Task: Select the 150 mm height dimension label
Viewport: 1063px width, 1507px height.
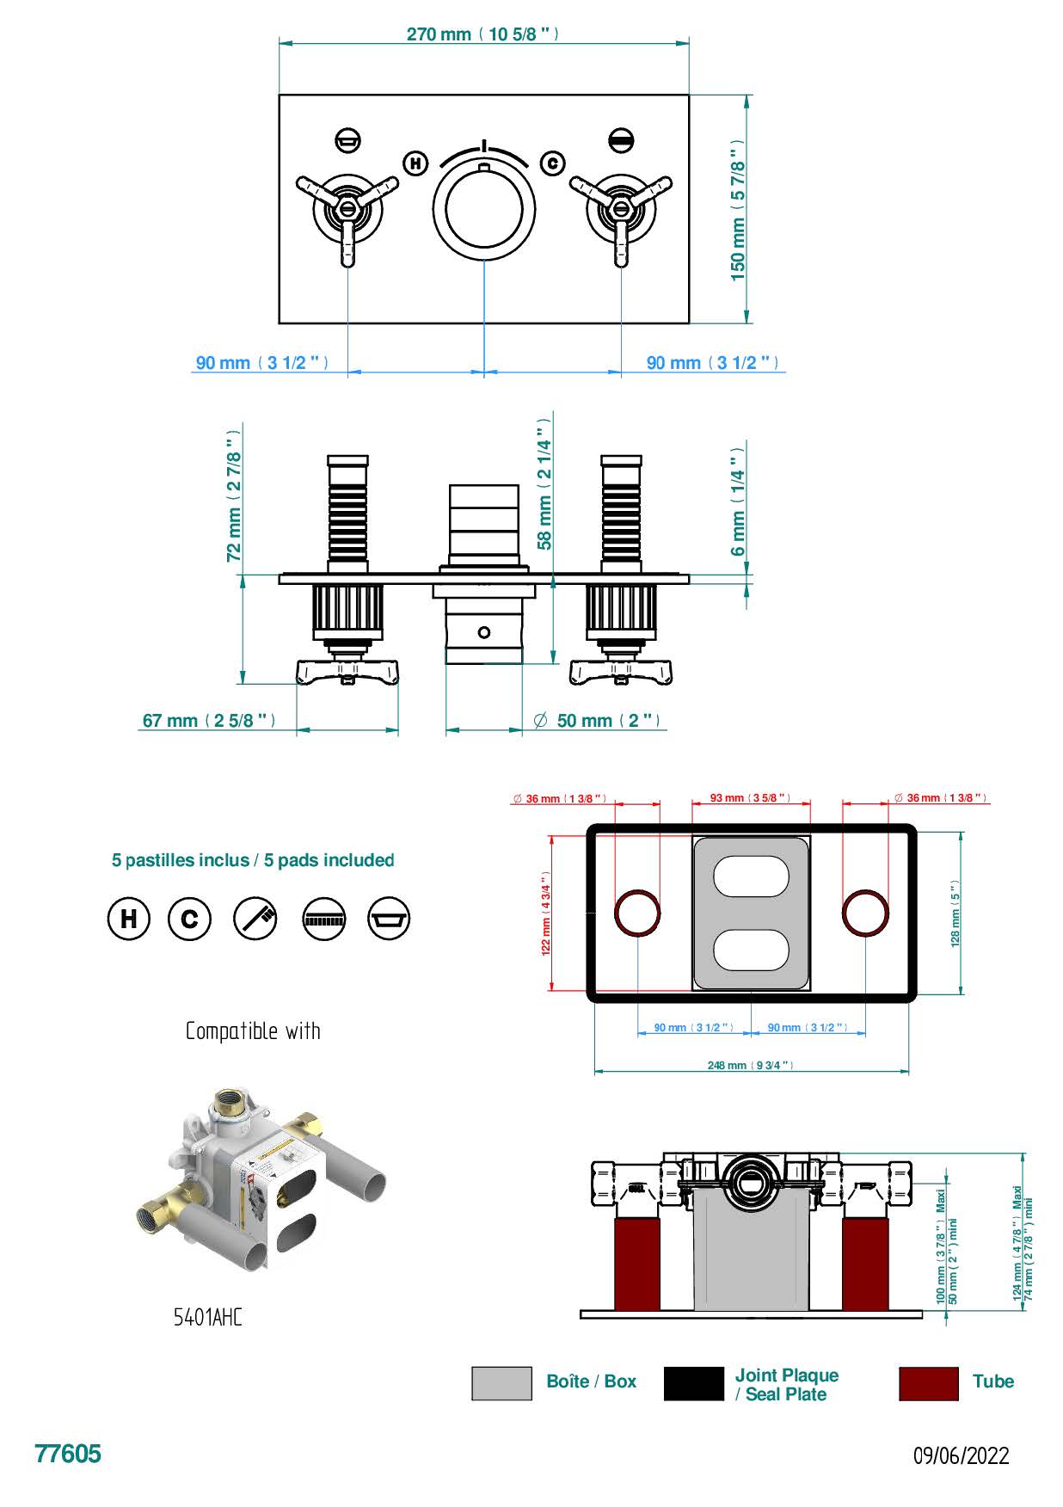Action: [738, 210]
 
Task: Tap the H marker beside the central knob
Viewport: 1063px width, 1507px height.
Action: [415, 163]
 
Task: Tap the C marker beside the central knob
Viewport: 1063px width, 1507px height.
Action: [552, 163]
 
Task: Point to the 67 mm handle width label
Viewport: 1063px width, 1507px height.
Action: [209, 721]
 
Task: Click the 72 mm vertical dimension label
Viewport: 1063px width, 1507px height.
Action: [234, 507]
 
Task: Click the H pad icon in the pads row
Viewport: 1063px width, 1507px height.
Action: [128, 919]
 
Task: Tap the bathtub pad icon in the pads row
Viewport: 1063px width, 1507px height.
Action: [389, 919]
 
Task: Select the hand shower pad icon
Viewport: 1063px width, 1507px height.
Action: [255, 919]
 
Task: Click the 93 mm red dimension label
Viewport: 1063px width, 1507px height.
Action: [750, 798]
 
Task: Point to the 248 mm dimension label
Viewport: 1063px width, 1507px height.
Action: [750, 1065]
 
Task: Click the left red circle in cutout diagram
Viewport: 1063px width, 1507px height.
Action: [637, 913]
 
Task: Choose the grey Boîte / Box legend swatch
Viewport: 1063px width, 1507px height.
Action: [501, 1383]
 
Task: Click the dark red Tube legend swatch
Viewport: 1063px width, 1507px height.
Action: [928, 1383]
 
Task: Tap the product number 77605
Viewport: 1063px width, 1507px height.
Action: [68, 1454]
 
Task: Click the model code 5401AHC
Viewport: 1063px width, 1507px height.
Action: [208, 1317]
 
